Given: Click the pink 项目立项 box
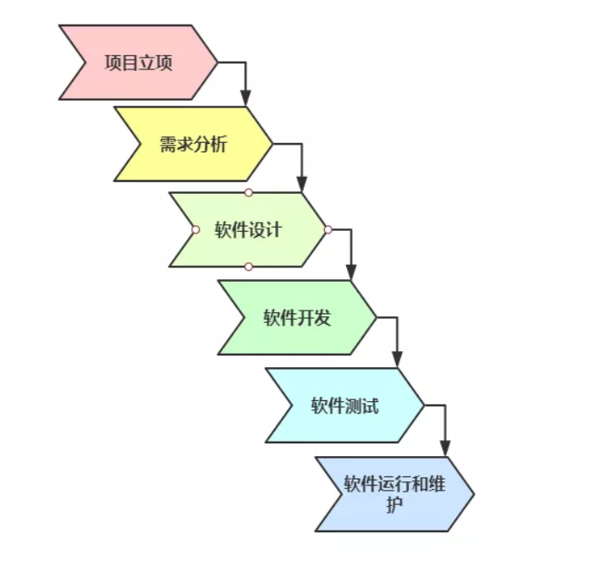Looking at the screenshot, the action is coord(135,63).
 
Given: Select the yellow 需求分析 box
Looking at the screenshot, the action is coord(193,143).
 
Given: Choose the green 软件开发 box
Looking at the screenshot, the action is coord(296,317).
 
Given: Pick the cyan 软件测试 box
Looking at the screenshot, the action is coord(344,404).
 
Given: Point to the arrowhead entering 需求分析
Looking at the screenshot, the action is coord(245,99).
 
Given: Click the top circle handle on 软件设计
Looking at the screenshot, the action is coord(248,193).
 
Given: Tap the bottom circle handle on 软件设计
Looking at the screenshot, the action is coord(248,267).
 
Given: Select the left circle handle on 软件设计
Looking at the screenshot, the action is coord(195,229).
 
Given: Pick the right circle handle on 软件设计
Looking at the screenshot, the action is coord(327,229).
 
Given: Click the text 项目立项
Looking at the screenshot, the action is coord(138,63).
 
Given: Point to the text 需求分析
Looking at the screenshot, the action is coord(193,143).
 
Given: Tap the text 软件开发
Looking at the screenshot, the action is coord(296,317).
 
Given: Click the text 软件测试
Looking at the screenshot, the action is coord(344,404).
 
